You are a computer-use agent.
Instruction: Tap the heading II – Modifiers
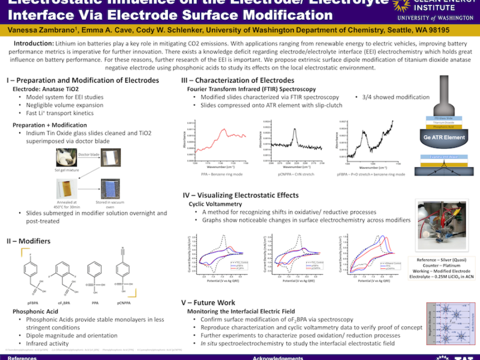coord(28,241)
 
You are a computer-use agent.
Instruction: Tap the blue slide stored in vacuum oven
coord(112,190)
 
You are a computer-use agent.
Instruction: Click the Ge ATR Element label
coord(443,137)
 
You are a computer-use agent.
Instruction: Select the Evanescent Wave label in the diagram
coord(444,155)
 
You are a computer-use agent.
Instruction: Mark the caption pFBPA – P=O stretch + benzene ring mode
coord(371,174)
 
